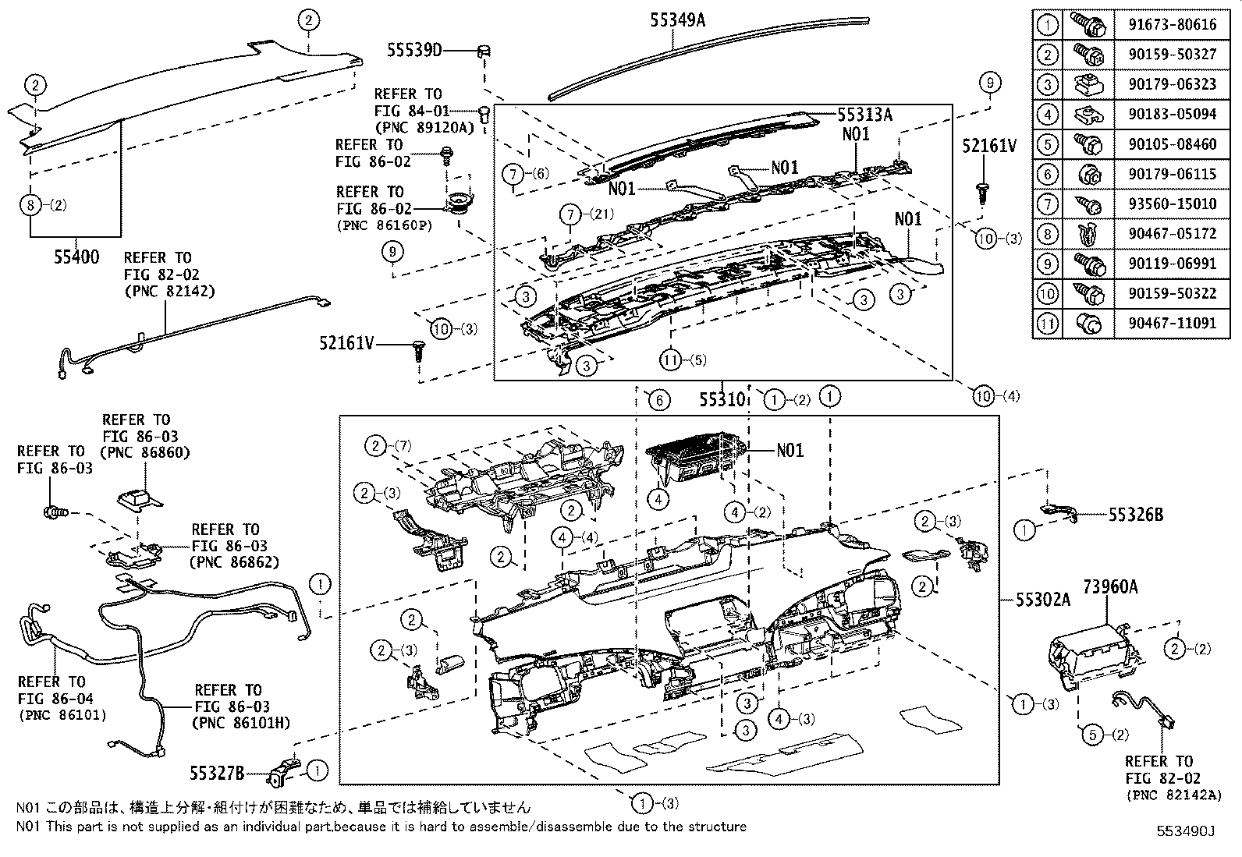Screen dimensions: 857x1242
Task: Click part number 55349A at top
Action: point(677,20)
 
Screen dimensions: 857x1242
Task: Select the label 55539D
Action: point(414,51)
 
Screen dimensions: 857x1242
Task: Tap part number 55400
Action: point(76,257)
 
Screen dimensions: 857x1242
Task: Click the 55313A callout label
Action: point(865,115)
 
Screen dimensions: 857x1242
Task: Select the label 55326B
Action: point(1136,515)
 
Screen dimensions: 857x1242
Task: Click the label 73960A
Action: point(1109,586)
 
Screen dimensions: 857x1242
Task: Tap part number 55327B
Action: point(217,773)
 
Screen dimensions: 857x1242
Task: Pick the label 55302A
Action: point(1042,599)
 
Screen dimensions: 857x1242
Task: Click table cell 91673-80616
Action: point(1172,25)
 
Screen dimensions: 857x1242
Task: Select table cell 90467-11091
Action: point(1172,323)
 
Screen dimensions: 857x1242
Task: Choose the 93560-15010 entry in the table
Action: point(1172,204)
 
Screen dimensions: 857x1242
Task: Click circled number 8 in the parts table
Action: point(1048,233)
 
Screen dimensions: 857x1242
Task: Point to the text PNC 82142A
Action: point(1173,795)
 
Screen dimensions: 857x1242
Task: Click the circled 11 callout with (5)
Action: point(670,360)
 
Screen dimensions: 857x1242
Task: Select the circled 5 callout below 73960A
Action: point(1091,735)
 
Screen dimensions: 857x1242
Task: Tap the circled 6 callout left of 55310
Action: point(658,401)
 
